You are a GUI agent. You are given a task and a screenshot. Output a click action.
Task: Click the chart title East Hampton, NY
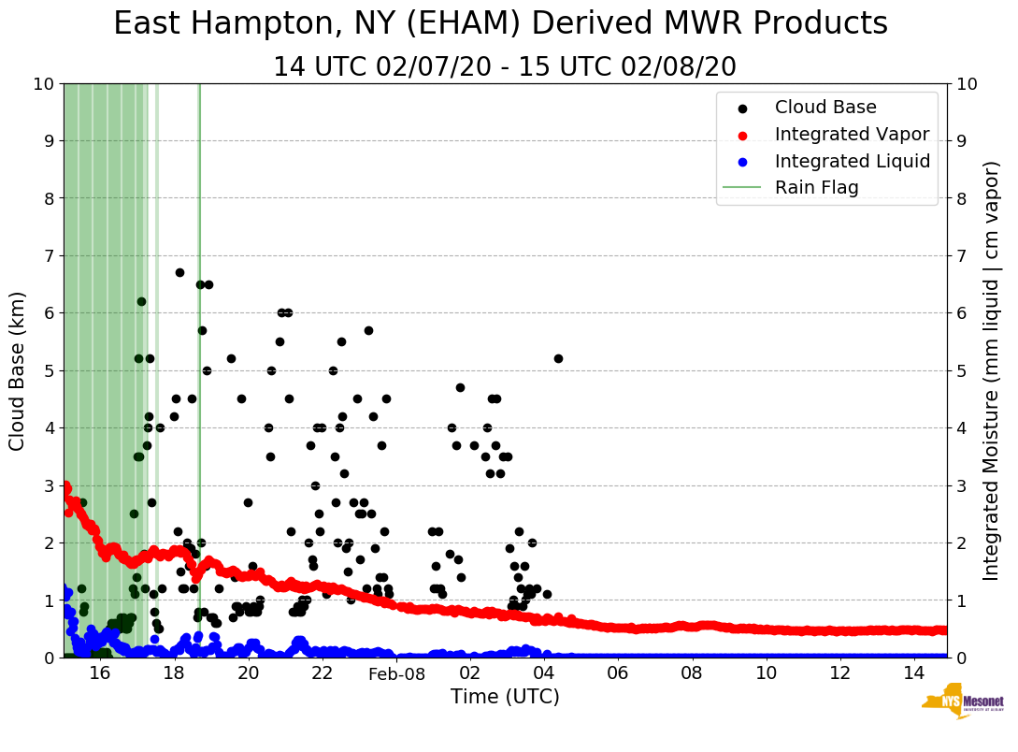click(x=500, y=24)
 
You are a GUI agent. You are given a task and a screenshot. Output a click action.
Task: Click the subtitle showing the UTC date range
click(x=504, y=67)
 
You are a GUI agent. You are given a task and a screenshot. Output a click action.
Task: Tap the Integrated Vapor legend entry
click(x=851, y=135)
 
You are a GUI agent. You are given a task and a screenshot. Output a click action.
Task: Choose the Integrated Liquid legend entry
click(x=852, y=161)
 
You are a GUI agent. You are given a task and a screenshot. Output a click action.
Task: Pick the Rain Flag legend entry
click(x=816, y=187)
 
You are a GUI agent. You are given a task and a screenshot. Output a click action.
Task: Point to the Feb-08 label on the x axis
click(x=396, y=674)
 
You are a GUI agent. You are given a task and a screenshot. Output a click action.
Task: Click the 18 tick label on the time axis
click(x=174, y=674)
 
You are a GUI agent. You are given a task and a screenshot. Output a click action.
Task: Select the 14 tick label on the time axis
click(x=913, y=674)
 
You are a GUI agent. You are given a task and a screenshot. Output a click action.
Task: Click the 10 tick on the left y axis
click(x=43, y=84)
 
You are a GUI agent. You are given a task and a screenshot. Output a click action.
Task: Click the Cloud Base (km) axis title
click(x=18, y=370)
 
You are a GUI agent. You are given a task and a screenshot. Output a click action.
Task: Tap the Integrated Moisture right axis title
click(x=993, y=370)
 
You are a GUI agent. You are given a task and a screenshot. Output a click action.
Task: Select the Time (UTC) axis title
click(x=505, y=697)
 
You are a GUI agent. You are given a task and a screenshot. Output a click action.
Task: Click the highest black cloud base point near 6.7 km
click(x=179, y=272)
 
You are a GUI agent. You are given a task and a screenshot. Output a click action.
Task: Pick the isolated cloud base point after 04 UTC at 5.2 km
click(x=558, y=358)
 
